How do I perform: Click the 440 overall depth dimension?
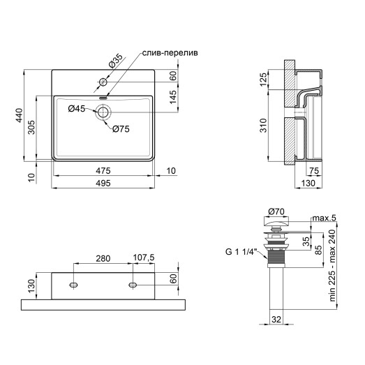coord(22,115)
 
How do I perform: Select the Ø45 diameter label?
coord(77,108)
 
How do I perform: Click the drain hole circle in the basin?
coord(103,112)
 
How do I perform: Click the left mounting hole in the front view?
coord(73,285)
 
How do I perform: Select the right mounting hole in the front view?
coord(131,285)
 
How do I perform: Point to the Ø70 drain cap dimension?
coord(276,211)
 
